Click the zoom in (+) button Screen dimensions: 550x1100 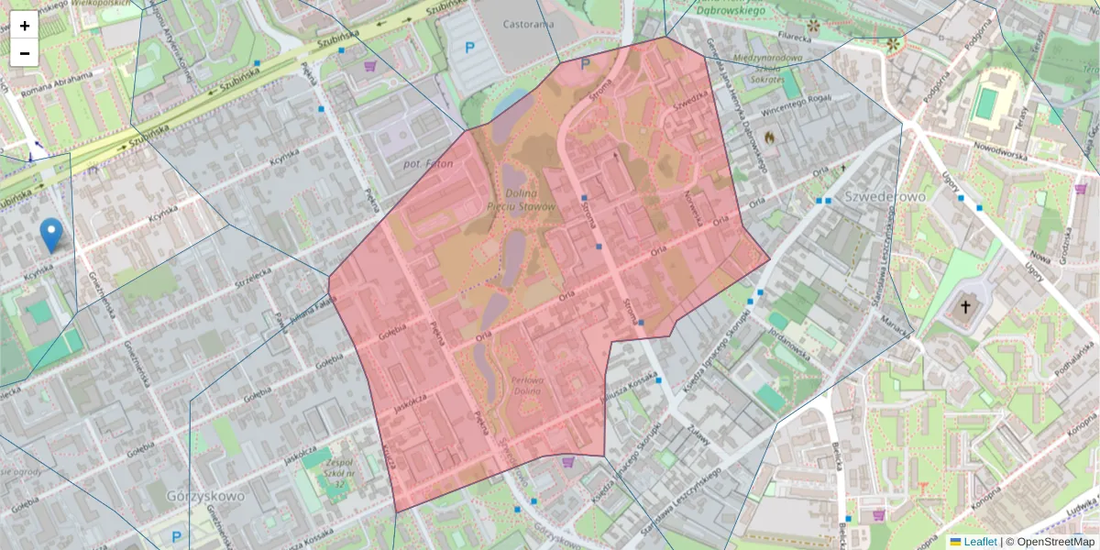pyautogui.click(x=25, y=26)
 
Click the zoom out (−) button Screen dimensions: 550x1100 pyautogui.click(x=25, y=53)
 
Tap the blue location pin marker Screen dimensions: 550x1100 pyautogui.click(x=51, y=235)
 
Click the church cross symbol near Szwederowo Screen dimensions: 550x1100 pyautogui.click(x=964, y=307)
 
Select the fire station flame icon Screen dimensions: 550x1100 pyautogui.click(x=769, y=137)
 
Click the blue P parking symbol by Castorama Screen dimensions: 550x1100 pyautogui.click(x=470, y=48)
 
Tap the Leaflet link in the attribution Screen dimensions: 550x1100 pyautogui.click(x=979, y=542)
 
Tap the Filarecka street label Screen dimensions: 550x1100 pyautogui.click(x=797, y=38)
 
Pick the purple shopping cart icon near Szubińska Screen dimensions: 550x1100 pyautogui.click(x=370, y=66)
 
